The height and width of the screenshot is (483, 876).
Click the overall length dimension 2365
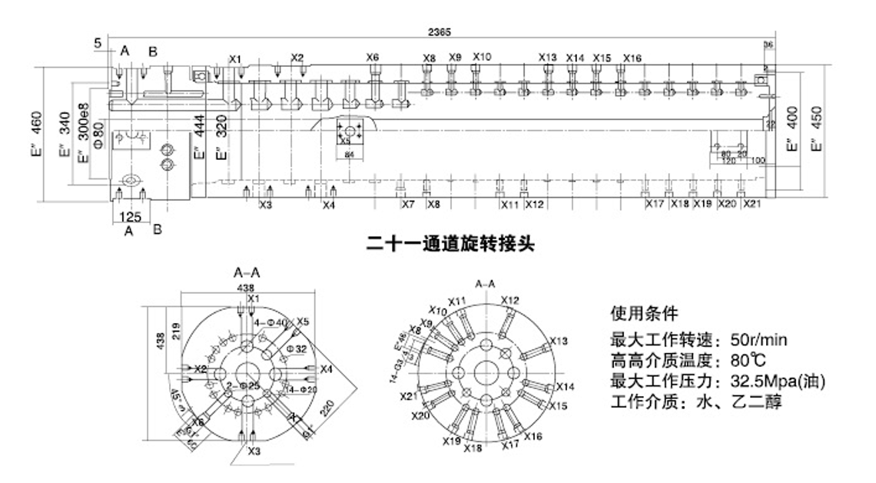point(440,32)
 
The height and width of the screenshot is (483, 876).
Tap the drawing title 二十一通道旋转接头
point(450,245)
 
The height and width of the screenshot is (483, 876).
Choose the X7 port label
point(408,205)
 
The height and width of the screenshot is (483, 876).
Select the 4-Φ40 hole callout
point(270,321)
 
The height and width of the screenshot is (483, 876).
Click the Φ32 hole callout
point(297,348)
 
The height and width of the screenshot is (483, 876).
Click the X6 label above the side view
point(373,57)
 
